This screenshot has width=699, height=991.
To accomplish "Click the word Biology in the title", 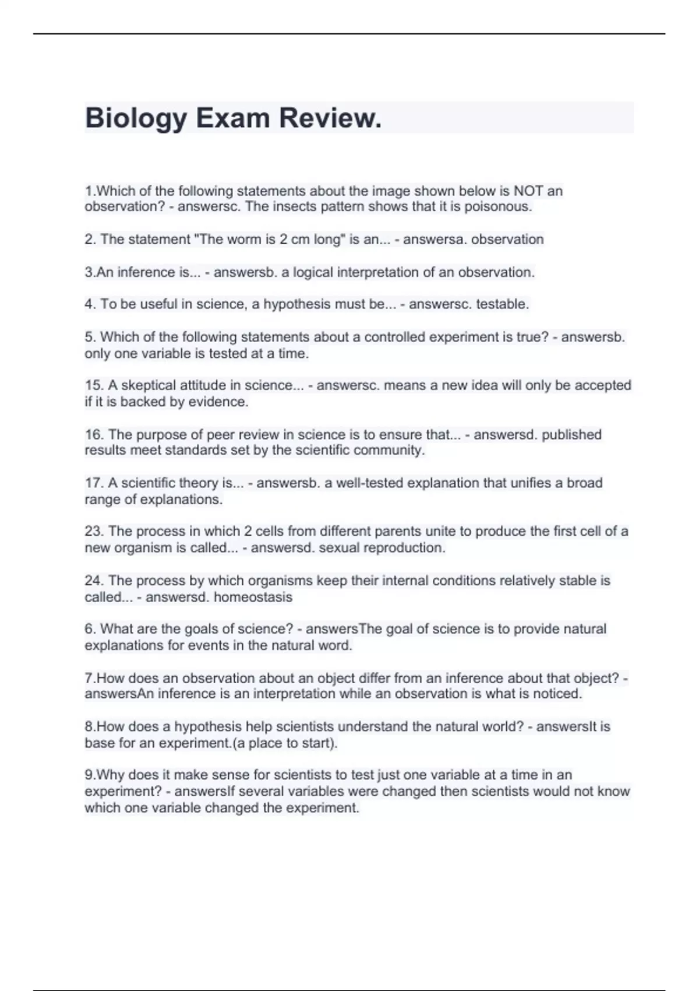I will (136, 118).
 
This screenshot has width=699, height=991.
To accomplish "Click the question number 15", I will (94, 385).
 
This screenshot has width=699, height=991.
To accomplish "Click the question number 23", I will (94, 532).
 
